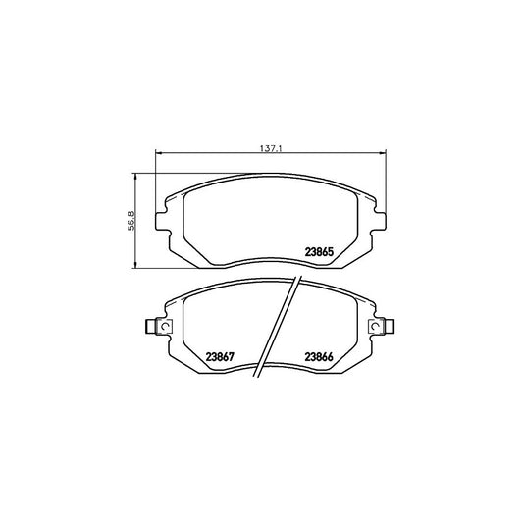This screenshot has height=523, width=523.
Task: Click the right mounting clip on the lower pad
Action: point(378,328)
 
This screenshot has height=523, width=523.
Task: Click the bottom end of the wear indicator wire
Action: point(258,378)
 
